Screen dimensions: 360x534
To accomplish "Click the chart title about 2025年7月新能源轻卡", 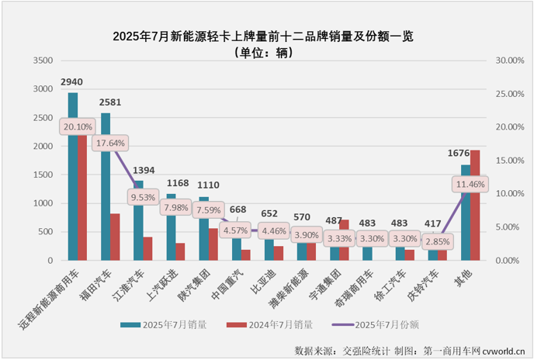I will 266,36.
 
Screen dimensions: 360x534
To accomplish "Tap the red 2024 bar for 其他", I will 476,205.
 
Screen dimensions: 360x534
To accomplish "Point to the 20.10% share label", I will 78,126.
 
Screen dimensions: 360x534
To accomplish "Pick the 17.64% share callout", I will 110,143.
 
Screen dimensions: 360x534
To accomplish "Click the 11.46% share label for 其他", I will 470,184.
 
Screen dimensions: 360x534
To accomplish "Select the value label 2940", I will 72,81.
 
